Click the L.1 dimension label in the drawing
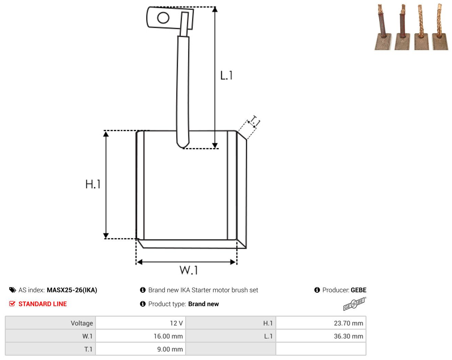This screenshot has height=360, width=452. [226, 75]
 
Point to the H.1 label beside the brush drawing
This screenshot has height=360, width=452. [93, 184]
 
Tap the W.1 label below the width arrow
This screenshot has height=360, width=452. [189, 270]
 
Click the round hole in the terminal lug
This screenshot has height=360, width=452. [163, 18]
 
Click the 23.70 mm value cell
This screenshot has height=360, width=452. [320, 323]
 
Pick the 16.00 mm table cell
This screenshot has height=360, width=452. [140, 336]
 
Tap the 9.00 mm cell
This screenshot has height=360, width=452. [140, 349]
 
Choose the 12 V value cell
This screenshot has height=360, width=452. [140, 323]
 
